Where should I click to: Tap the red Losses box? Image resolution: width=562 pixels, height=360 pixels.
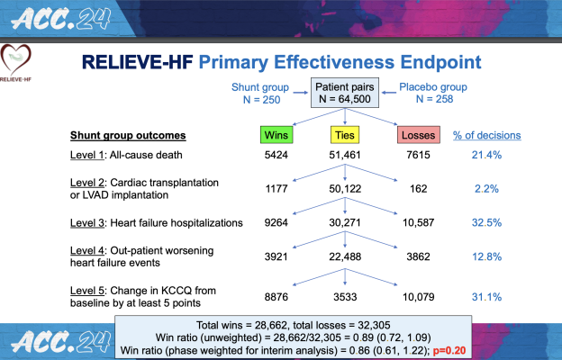(x=418, y=136)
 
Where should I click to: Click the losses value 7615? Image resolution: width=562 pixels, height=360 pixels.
(x=418, y=157)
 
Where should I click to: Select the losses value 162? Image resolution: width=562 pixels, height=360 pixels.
(x=418, y=190)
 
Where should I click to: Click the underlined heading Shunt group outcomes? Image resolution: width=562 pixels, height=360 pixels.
(x=128, y=136)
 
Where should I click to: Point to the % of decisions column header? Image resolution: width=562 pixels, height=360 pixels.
(x=488, y=136)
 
